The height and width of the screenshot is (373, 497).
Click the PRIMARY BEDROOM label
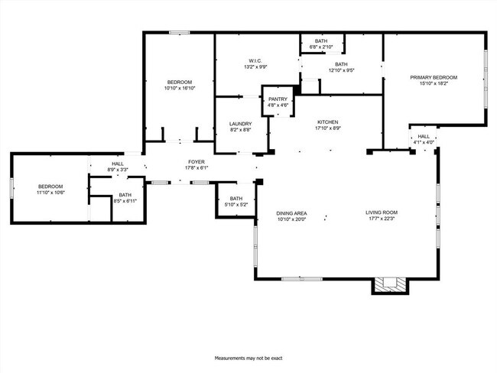pyautogui.click(x=434, y=77)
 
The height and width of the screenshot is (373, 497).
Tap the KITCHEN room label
pyautogui.click(x=328, y=122)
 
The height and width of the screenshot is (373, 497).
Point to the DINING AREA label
pyautogui.click(x=291, y=212)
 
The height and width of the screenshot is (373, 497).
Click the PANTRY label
pyautogui.click(x=277, y=99)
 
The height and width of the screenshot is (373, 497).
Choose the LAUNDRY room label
pyautogui.click(x=240, y=124)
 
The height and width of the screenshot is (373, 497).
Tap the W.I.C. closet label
pyautogui.click(x=255, y=60)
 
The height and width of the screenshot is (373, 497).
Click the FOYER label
pyautogui.click(x=197, y=163)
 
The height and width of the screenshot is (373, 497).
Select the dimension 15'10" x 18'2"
pyautogui.click(x=434, y=84)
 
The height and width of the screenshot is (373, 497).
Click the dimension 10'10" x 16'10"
pyautogui.click(x=180, y=89)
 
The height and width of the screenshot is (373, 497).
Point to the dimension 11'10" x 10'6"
pyautogui.click(x=51, y=193)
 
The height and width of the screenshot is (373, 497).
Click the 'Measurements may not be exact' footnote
pyautogui.click(x=248, y=357)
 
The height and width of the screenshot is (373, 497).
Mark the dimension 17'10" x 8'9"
pyautogui.click(x=328, y=129)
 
